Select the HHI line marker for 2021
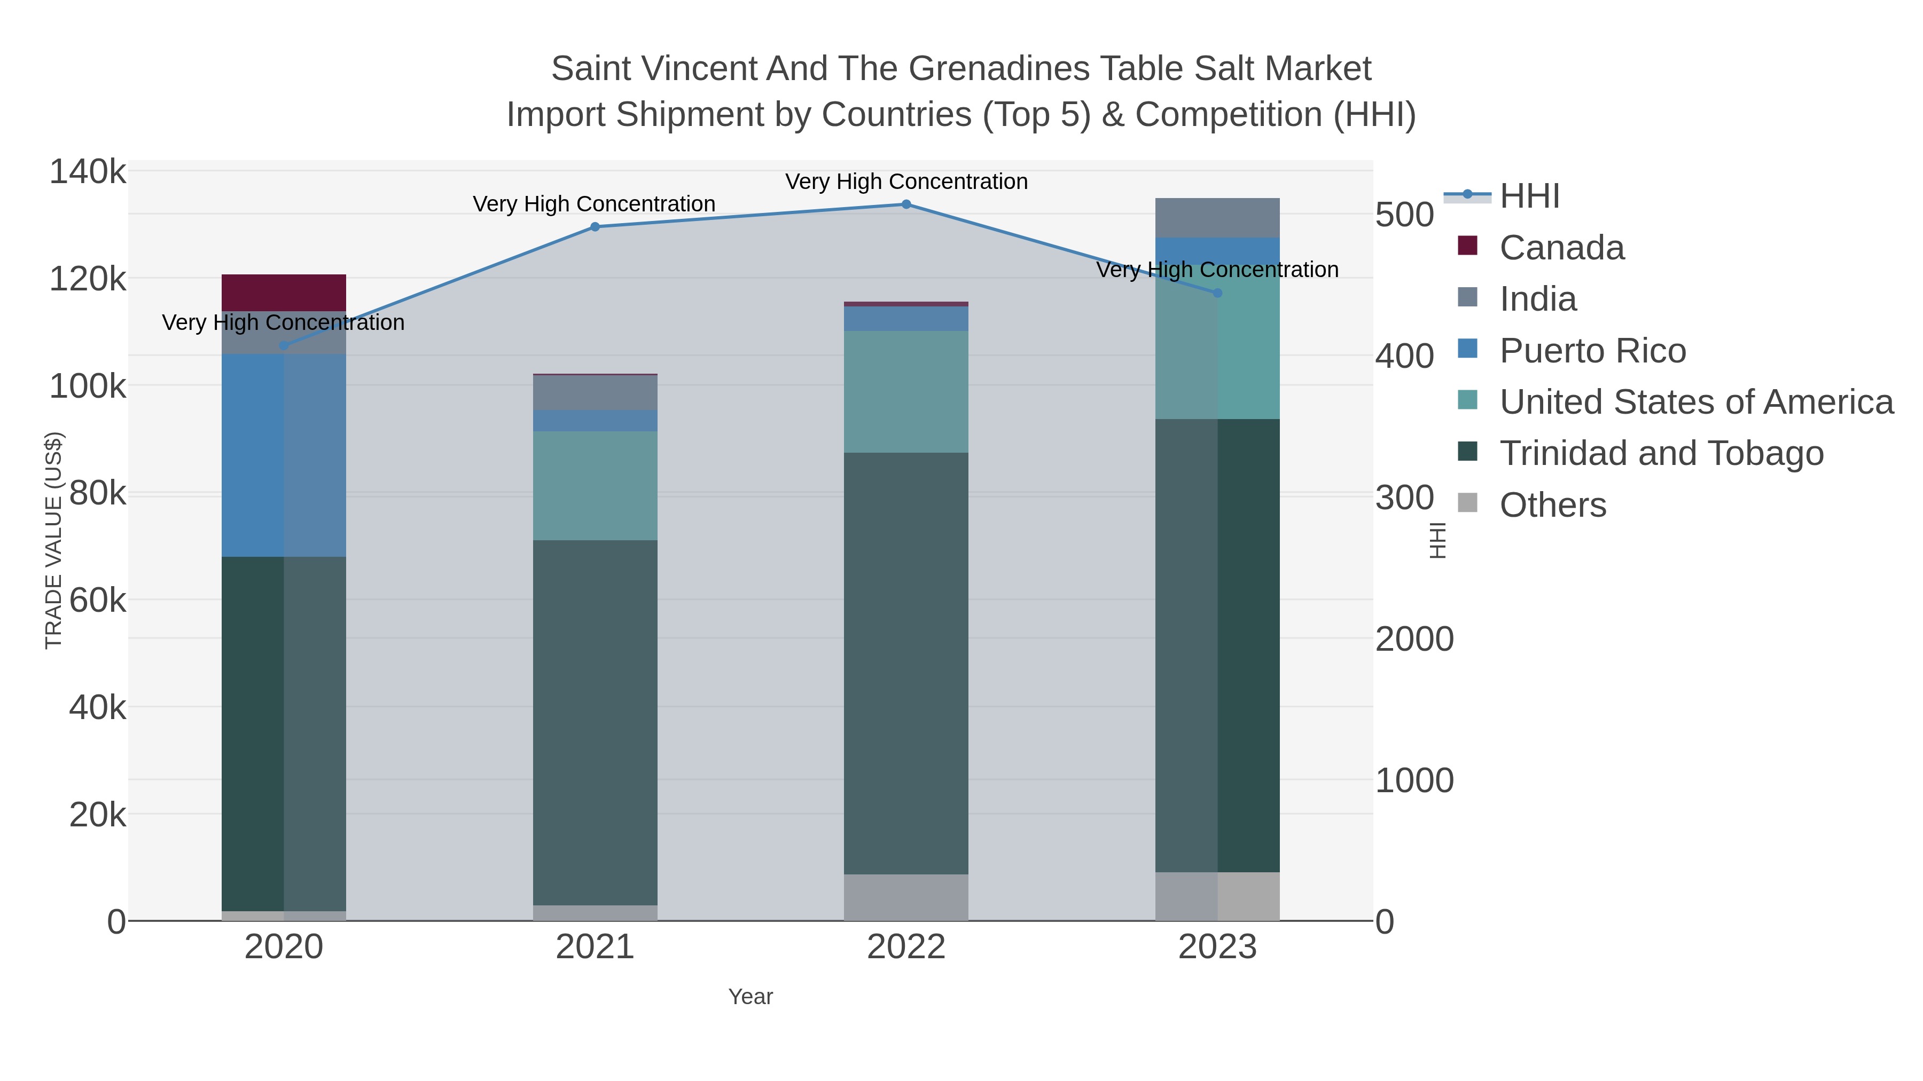point(595,227)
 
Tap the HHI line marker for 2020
point(284,345)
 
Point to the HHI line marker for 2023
point(1217,293)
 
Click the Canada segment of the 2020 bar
point(284,293)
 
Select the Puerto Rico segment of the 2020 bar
point(284,455)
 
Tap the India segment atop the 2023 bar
point(1217,218)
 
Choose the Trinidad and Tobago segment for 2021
point(595,722)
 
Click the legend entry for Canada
point(1562,248)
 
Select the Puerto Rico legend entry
point(1592,351)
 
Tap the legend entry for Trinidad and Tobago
point(1661,454)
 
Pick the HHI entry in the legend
point(1529,196)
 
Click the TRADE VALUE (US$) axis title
point(54,540)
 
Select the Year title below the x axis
point(751,997)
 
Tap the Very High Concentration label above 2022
point(906,182)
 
